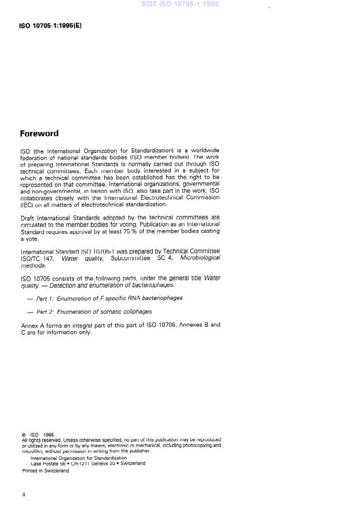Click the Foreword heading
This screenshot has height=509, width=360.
[39, 133]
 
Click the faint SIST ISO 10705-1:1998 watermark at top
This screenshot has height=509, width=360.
[179, 4]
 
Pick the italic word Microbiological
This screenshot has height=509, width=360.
[200, 259]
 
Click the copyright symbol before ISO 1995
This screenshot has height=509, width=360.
[23, 434]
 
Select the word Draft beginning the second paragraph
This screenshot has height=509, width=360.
[28, 217]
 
